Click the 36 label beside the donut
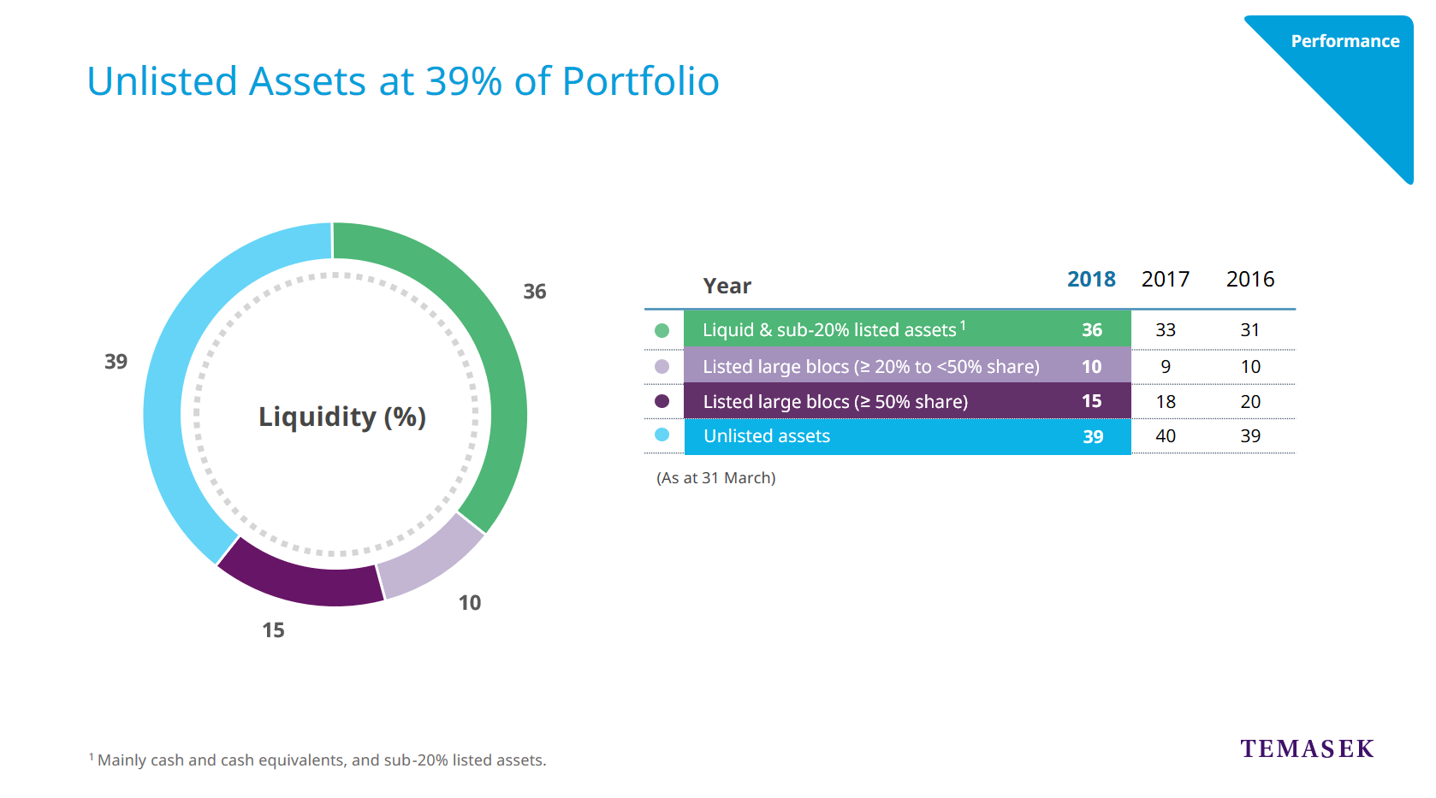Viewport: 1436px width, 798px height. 535,292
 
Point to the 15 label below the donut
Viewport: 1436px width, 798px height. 273,630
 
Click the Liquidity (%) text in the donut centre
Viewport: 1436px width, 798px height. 342,417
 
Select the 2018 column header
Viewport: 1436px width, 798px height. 1091,280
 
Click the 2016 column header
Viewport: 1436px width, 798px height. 1250,280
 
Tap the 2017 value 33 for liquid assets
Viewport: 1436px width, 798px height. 1166,330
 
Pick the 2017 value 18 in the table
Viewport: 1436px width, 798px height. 1166,402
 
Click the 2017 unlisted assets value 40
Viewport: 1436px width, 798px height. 1166,436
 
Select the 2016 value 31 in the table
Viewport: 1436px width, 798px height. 1250,330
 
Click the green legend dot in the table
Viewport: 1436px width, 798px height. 662,330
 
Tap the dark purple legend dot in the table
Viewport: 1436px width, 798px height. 662,401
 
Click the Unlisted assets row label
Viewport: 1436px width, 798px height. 767,436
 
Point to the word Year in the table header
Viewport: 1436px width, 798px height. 727,287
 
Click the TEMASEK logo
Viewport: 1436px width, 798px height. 1307,749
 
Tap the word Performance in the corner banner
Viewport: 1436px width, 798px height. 1345,41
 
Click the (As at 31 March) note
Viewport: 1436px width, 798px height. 716,478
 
